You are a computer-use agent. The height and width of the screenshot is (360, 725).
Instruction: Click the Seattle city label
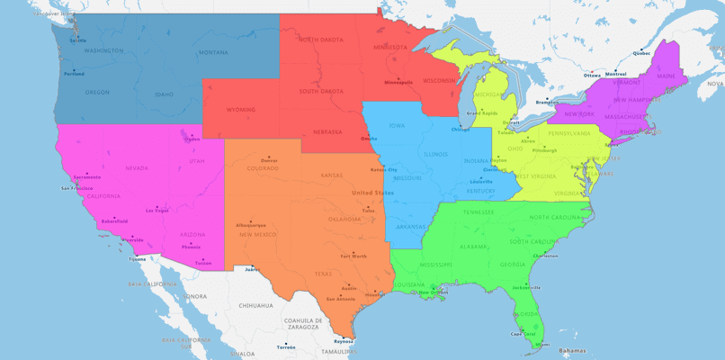click(78, 40)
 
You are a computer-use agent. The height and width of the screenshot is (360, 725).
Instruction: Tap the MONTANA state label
click(213, 52)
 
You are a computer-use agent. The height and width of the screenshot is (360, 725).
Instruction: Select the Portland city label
click(75, 74)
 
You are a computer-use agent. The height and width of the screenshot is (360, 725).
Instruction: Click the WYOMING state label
click(240, 110)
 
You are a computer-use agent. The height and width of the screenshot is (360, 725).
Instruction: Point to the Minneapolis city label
click(398, 82)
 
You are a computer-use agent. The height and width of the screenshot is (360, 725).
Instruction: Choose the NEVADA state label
click(137, 167)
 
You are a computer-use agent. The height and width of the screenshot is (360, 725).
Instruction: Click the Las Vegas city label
click(157, 211)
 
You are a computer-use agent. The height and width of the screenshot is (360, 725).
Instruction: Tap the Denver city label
click(269, 160)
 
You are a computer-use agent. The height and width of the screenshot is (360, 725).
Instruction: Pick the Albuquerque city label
click(251, 224)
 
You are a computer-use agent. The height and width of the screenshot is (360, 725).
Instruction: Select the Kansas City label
click(384, 169)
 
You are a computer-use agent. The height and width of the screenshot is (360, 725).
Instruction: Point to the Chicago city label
click(461, 130)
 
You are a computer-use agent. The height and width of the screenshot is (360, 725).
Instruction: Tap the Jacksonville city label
click(526, 287)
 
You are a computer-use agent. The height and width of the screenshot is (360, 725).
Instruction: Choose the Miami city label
click(542, 344)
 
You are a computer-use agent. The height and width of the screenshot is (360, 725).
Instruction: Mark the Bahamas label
click(571, 350)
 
